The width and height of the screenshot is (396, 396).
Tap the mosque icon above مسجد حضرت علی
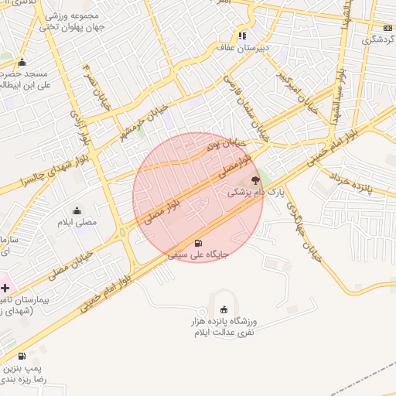pos(22,63)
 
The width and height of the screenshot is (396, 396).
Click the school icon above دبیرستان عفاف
pos(242,35)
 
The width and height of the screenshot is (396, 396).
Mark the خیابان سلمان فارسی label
pos(244,105)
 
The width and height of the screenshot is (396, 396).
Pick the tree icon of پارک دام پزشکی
pos(256,179)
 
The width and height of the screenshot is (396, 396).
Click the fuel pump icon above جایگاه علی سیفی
pos(199,243)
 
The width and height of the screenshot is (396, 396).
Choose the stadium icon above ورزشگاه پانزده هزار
pos(224,309)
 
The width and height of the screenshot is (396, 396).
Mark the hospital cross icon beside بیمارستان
pos(5,287)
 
